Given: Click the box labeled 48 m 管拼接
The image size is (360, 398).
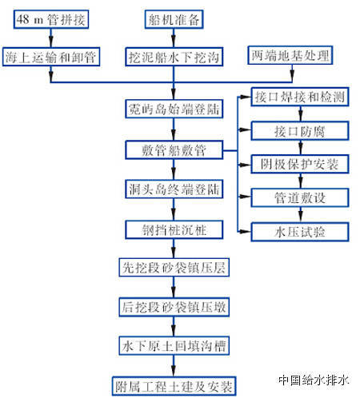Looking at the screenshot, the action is coord(51,19).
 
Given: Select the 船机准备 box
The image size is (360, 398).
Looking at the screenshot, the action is coord(174,19).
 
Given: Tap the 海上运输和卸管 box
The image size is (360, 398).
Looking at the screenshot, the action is coord(51,57).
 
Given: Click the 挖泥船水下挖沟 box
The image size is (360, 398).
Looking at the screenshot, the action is coord(174,57).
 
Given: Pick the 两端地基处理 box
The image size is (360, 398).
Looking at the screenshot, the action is coord(290,55).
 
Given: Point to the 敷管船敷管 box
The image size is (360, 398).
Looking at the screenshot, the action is coord(174,150).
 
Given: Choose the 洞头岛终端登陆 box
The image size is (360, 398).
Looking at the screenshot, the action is coord(174,189).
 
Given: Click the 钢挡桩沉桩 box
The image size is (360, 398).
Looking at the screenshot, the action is coord(174,229).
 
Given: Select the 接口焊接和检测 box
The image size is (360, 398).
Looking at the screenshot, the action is coord(300,97).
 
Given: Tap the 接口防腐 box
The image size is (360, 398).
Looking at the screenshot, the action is coord(300,131).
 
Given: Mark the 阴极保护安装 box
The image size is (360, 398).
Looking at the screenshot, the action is coord(300,164).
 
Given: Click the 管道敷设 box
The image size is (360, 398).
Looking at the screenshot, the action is coord(300,197).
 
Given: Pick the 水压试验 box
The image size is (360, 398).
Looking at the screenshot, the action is coord(300,233).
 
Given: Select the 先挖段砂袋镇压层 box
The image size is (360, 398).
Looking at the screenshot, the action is coord(174,267).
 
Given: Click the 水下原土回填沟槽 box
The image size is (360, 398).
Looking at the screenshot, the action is coord(174,346).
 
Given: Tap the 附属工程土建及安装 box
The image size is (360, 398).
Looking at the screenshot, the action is coord(174,386).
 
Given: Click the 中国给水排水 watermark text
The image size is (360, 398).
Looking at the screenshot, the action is coord(314,380).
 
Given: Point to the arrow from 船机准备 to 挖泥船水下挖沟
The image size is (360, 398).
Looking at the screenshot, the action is coord(174,38).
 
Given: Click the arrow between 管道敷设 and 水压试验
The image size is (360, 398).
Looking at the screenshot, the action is coord(300,215).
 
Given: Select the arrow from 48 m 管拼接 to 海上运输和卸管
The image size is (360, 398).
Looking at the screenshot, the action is coord(51,38).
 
